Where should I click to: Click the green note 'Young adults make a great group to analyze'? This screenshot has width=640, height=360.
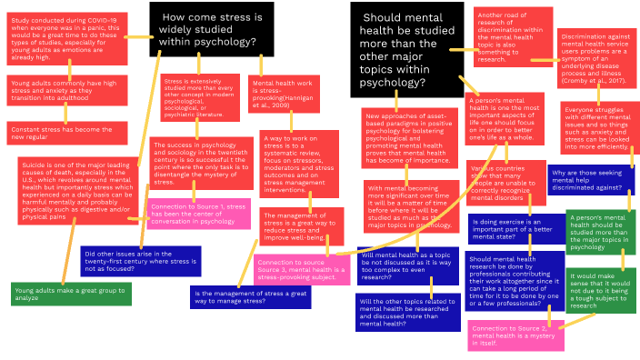coord(70,293)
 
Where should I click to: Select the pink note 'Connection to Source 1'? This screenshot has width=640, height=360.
coord(198,213)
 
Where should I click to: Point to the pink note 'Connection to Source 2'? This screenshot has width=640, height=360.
coord(515,334)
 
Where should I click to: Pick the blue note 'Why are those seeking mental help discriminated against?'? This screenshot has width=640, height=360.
coord(590,177)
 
